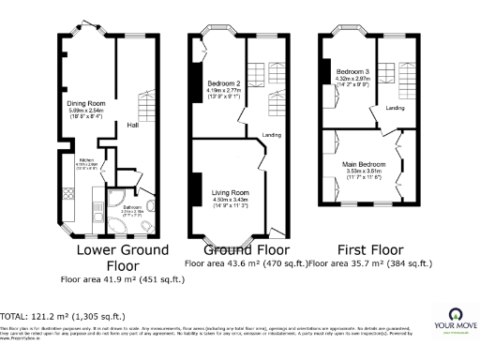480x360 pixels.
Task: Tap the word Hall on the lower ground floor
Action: pyautogui.click(x=133, y=126)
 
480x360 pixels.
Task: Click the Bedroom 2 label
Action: pyautogui.click(x=225, y=84)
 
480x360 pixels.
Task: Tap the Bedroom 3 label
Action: pyautogui.click(x=353, y=72)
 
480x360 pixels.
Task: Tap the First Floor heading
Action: pyautogui.click(x=372, y=250)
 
